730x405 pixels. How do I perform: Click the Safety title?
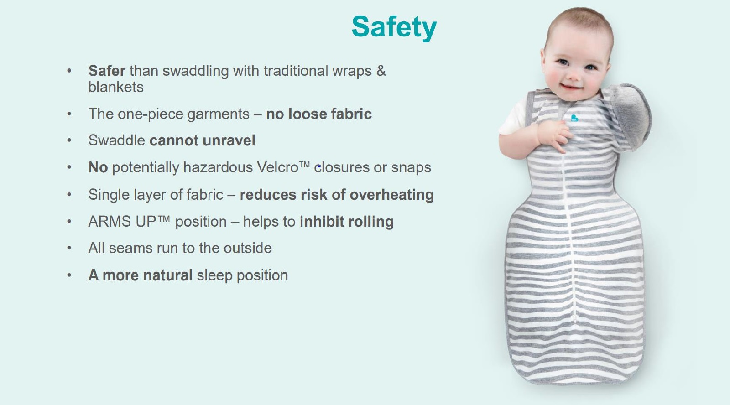point(394,27)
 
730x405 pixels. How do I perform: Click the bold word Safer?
point(107,71)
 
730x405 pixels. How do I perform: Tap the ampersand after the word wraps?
point(381,71)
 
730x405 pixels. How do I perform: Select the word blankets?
point(116,87)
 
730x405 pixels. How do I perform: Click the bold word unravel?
point(229,140)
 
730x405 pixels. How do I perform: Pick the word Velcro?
point(277,167)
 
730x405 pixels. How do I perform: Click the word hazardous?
point(218,167)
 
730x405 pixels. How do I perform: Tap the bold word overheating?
point(391,195)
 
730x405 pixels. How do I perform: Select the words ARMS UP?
point(122,222)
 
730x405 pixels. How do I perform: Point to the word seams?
point(130,249)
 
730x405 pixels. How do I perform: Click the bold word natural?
point(168,275)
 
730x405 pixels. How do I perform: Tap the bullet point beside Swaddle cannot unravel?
point(69,140)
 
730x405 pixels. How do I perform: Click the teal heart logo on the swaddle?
point(574,118)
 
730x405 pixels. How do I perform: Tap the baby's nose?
point(573,76)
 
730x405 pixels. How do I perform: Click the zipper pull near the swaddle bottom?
point(574,318)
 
